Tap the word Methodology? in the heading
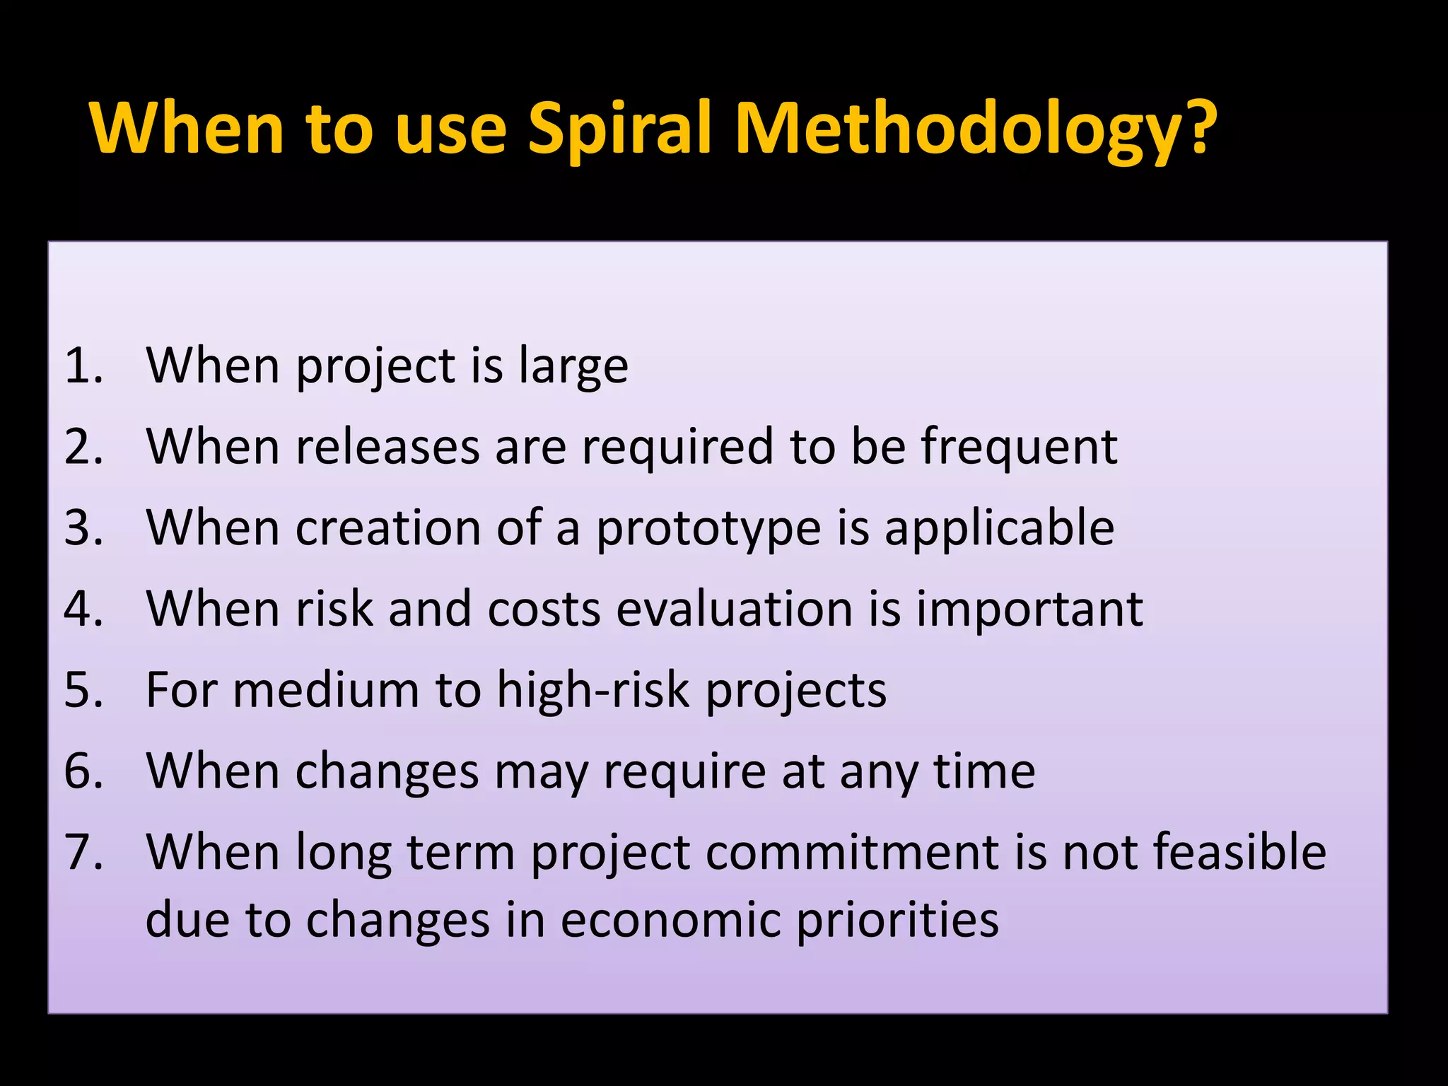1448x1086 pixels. pos(976,129)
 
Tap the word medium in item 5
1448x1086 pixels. pos(326,690)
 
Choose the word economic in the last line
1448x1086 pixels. pos(670,920)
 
